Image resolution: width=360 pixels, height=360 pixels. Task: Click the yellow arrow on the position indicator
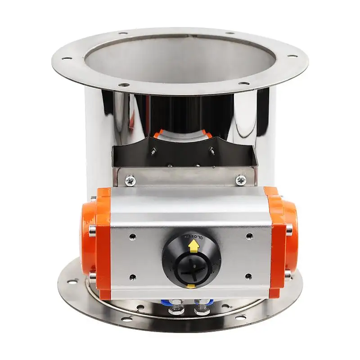193,246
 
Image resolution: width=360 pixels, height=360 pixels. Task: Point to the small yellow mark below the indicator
191,286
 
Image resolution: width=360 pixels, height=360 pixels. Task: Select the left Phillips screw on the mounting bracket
130,181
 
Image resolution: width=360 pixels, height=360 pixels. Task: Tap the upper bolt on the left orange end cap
92,198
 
